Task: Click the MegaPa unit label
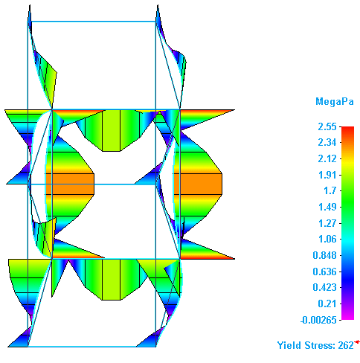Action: (335, 102)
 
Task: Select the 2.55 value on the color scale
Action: (327, 126)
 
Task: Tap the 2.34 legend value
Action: (327, 143)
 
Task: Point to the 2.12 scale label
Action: (327, 158)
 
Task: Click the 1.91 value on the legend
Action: (327, 175)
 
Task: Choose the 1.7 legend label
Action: (330, 191)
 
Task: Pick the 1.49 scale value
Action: (327, 207)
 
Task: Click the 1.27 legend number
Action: (327, 223)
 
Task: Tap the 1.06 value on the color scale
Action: (327, 239)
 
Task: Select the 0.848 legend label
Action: (324, 255)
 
